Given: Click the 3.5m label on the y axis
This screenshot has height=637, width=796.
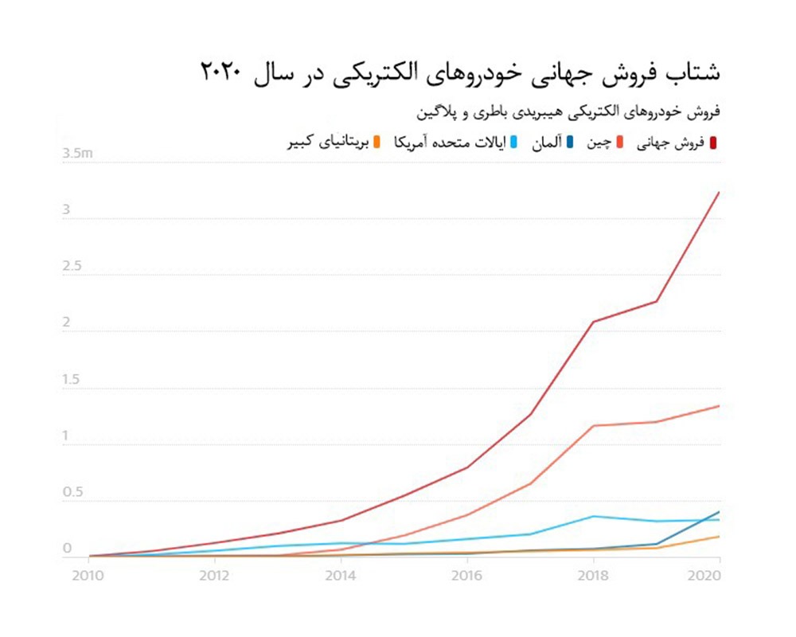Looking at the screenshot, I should (78, 154).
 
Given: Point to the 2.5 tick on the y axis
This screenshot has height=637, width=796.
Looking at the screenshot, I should (72, 267).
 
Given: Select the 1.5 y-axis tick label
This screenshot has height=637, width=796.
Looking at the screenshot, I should (72, 380).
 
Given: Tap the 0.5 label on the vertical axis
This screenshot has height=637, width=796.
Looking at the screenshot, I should (72, 493).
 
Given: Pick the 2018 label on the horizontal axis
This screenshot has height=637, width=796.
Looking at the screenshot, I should (593, 576).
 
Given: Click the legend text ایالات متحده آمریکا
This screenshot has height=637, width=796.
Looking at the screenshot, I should (450, 143).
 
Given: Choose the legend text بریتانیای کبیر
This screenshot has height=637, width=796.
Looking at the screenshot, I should (327, 143).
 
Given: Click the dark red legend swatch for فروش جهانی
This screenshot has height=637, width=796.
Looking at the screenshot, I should (714, 143).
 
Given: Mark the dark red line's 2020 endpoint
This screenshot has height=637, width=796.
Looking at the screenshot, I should (719, 192).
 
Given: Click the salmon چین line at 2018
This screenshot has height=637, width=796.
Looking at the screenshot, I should (593, 425).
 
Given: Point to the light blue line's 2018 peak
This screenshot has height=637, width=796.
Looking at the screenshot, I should (593, 516).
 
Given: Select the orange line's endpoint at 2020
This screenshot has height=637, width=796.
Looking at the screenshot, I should (719, 537).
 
